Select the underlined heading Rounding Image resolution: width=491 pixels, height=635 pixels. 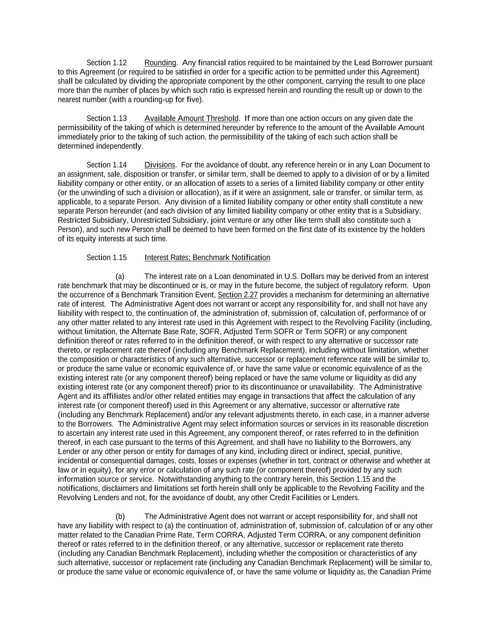160,63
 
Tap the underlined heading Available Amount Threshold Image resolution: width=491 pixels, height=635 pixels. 191,119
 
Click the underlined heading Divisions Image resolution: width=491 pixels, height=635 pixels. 160,165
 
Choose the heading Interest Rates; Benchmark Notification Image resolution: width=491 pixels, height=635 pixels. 207,258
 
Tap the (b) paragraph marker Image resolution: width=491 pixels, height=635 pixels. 120,516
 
